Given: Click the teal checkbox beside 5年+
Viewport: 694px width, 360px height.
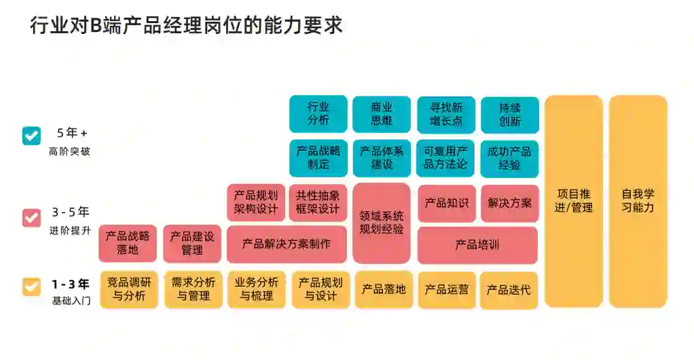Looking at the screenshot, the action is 31,135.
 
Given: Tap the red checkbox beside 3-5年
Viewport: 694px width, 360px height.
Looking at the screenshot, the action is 31,217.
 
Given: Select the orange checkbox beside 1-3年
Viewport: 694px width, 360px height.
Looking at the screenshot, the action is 31,286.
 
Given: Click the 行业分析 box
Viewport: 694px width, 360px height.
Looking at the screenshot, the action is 318,114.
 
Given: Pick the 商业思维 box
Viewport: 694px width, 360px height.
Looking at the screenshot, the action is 382,114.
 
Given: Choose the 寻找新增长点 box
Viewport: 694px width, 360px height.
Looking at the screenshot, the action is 445,114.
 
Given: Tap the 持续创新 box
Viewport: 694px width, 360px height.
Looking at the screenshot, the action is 509,114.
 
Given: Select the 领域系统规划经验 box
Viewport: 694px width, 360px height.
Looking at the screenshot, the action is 382,223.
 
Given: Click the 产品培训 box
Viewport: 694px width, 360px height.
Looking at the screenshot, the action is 477,245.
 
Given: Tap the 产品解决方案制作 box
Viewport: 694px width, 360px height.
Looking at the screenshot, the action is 286,244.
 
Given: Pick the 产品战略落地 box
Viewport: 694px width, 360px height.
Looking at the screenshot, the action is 127,243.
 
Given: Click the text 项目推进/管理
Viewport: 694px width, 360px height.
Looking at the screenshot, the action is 573,201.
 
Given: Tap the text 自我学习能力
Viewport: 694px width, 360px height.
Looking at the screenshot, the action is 638,201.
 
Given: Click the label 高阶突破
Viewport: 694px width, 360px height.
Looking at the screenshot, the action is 69,151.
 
